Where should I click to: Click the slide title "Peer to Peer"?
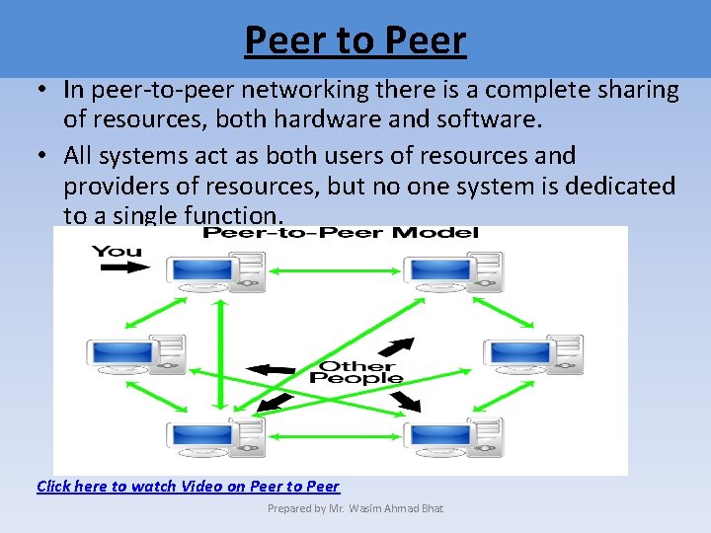pos(355,41)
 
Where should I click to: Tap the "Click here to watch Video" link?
pos(188,486)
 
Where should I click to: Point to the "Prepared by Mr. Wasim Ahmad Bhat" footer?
pos(355,508)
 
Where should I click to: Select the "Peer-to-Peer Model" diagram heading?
pos(341,233)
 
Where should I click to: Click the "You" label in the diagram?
pos(117,251)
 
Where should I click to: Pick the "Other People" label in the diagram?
pos(355,371)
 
